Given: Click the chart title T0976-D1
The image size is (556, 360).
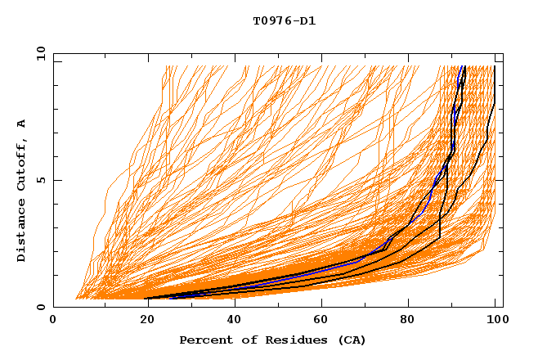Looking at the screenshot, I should tap(284, 21).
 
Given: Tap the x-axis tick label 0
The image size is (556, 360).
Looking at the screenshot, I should tap(53, 321).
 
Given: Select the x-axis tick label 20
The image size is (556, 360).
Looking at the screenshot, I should tap(142, 321).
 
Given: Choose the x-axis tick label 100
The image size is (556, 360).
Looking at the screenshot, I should tap(495, 321).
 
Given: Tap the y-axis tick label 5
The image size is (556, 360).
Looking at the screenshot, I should tap(43, 180).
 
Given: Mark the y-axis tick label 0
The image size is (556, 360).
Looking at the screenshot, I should tap(43, 308).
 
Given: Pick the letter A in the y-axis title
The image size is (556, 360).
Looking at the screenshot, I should tap(21, 124).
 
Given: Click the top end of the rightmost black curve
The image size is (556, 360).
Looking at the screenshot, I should tap(495, 66).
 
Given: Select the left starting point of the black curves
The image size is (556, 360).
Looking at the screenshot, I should tap(148, 298).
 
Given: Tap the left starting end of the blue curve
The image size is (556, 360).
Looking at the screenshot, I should tap(169, 298).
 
